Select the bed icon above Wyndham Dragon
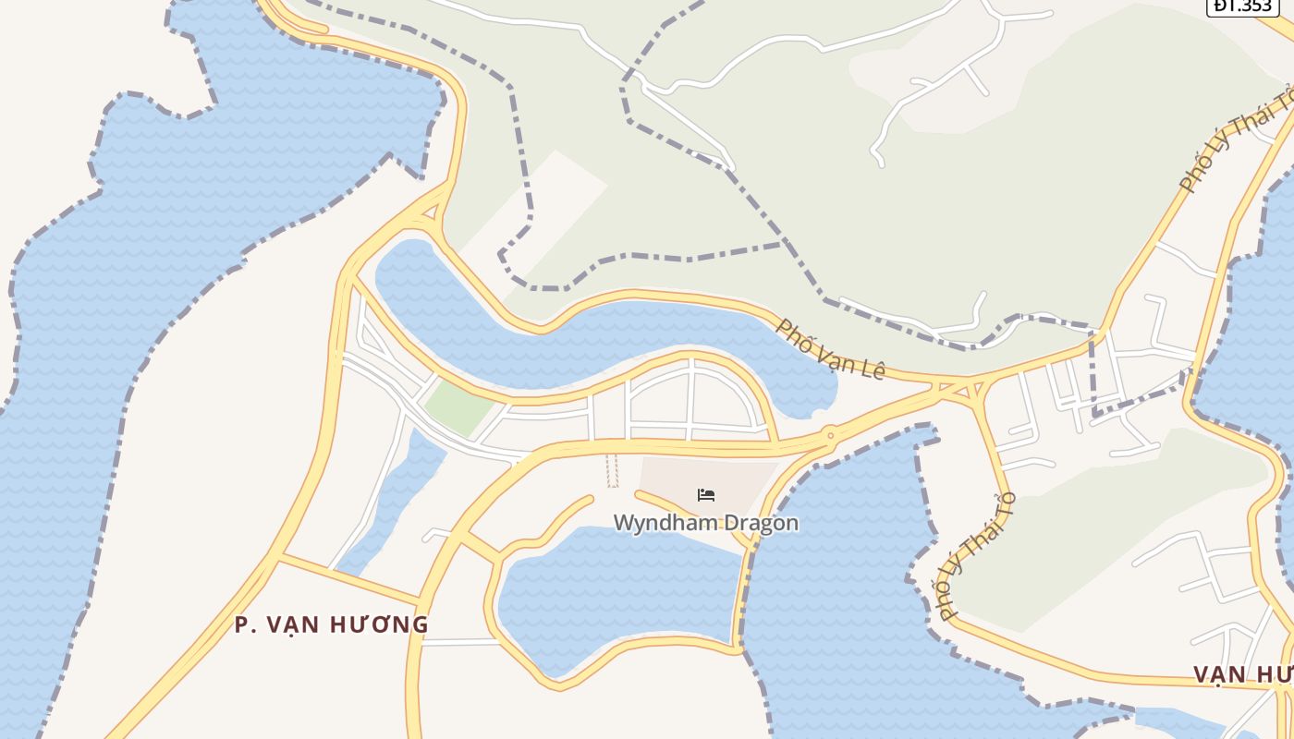click(706, 495)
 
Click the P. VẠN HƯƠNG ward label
click(331, 624)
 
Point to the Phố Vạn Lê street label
click(830, 349)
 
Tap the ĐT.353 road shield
click(1243, 6)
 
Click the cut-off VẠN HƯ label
click(1242, 673)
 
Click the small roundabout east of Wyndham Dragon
click(830, 434)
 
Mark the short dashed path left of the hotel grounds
click(612, 470)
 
